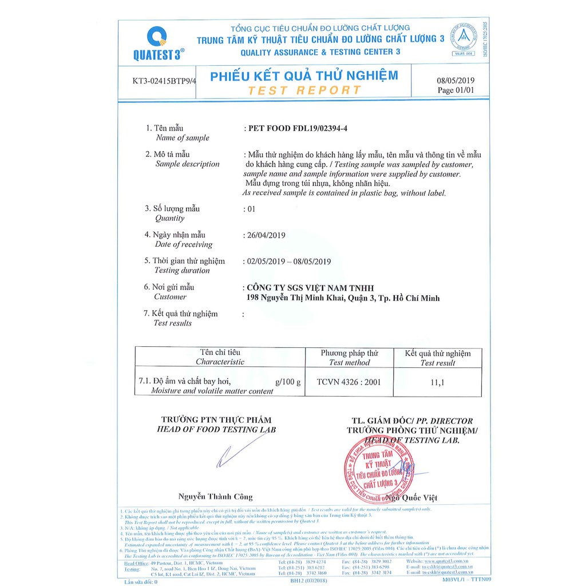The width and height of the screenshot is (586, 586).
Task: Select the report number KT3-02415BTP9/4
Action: point(164,81)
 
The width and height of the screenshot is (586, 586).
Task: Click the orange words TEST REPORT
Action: point(304,90)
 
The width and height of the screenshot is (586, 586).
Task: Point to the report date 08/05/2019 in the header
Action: point(456,81)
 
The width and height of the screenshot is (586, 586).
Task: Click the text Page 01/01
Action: point(456,90)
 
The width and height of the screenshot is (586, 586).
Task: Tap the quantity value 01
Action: point(250,209)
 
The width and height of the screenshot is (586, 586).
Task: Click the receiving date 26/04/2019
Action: point(265,235)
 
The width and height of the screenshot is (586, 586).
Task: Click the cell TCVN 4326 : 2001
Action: point(349,382)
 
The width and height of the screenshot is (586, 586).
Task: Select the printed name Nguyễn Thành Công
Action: point(215,497)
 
